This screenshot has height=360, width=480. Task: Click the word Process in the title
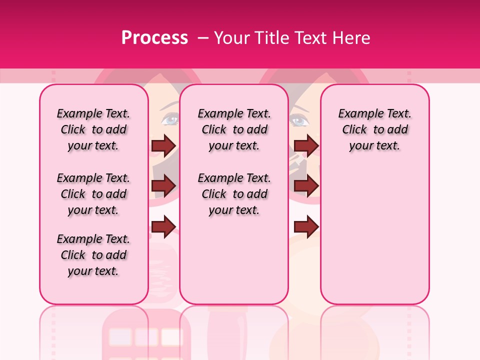(x=154, y=38)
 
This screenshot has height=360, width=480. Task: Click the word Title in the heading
(x=268, y=38)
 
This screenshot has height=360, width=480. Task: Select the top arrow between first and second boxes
(x=163, y=145)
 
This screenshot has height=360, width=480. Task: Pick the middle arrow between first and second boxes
(x=163, y=186)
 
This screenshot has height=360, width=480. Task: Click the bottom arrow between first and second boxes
(x=163, y=226)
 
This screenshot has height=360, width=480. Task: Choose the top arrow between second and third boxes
(x=306, y=145)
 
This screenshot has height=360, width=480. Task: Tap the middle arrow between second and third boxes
(x=306, y=186)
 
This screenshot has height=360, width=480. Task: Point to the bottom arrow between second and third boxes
(x=306, y=226)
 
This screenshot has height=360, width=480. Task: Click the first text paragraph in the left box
(x=93, y=129)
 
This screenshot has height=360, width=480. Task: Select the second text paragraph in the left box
(x=93, y=194)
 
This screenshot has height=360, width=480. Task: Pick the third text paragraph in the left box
(x=93, y=255)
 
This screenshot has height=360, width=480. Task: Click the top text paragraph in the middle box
(x=234, y=129)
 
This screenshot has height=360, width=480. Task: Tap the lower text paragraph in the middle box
(x=234, y=194)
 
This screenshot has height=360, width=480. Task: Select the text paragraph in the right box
(x=374, y=129)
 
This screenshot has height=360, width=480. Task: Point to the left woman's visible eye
(x=170, y=119)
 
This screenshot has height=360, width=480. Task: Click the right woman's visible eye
(x=298, y=120)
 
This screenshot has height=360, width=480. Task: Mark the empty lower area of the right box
(x=374, y=235)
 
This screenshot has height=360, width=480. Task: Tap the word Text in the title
(x=304, y=38)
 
